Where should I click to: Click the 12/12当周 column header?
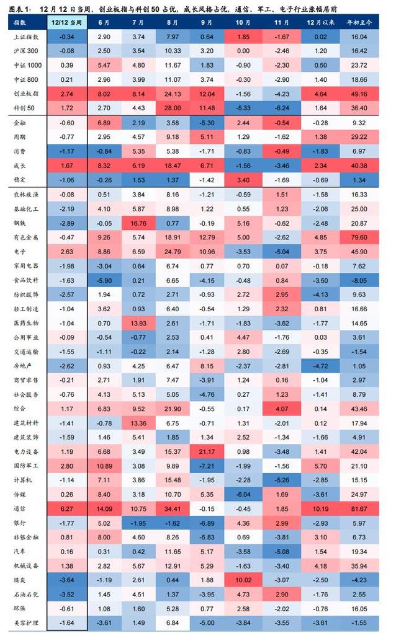67,22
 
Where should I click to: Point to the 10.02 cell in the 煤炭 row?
243,580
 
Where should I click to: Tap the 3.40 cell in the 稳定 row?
243,179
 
